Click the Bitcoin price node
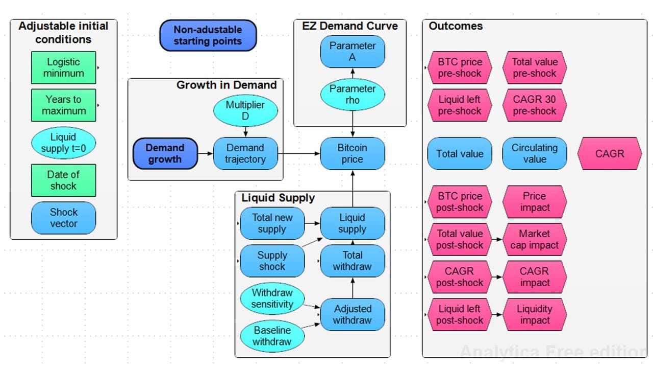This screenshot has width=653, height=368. (352, 153)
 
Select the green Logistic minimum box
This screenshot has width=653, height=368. (63, 67)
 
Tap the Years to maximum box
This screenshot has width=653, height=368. (63, 105)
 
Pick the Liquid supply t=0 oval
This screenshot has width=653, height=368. (63, 143)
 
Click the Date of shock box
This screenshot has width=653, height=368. (63, 180)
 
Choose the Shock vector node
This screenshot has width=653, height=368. (63, 218)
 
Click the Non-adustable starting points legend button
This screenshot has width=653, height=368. (208, 36)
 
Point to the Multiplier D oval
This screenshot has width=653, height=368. (245, 110)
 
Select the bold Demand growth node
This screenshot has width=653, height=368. (165, 153)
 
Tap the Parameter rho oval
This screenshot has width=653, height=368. (352, 95)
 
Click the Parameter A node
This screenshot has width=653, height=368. (352, 52)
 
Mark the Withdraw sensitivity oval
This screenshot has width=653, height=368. (272, 298)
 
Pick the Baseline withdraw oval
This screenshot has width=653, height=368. (272, 336)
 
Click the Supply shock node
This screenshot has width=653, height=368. (272, 261)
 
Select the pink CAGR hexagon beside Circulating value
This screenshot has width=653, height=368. (609, 153)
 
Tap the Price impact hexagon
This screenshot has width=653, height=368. (535, 202)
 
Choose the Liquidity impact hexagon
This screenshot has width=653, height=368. (535, 315)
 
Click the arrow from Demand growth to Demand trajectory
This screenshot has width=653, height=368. (205, 153)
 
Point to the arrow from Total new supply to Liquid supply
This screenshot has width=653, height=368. (312, 223)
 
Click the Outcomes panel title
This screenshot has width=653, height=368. (455, 26)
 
